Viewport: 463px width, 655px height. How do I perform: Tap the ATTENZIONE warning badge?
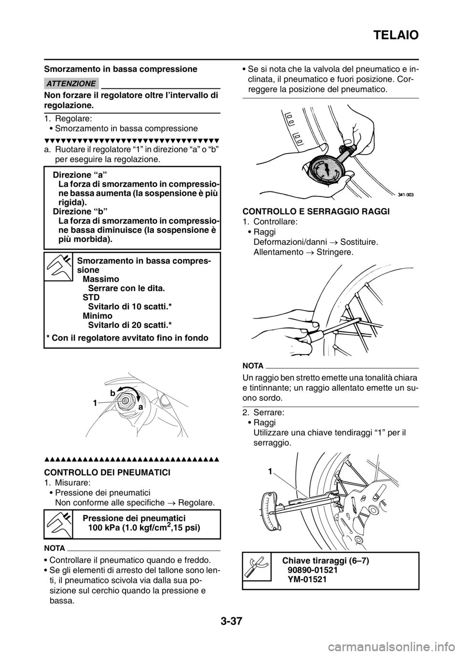[71, 83]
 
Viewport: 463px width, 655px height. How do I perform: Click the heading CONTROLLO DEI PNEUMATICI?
[107, 472]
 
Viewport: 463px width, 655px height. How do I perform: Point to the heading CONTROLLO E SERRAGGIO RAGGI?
[316, 212]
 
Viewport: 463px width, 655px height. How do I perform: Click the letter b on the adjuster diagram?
[112, 393]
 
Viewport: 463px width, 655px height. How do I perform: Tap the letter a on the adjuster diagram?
[141, 407]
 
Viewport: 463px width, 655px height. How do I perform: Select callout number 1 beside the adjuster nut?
[95, 404]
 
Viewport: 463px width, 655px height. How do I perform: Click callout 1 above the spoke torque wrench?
[271, 471]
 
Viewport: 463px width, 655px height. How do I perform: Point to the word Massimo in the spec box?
[101, 279]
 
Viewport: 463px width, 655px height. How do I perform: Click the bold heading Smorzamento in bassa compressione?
[121, 69]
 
